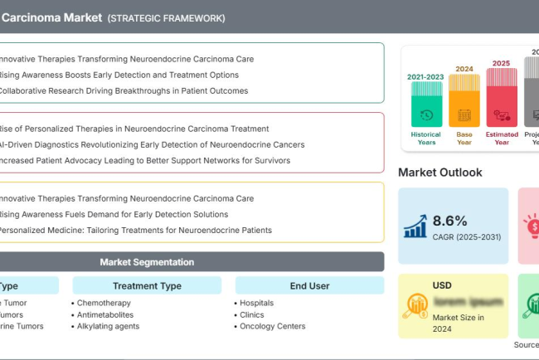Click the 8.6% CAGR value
click(x=450, y=221)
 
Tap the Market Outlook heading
click(x=439, y=173)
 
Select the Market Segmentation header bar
click(x=147, y=262)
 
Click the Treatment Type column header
click(x=147, y=286)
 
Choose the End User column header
click(x=309, y=286)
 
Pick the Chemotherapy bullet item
click(x=104, y=304)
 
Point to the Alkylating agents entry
click(x=108, y=327)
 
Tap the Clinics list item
click(x=252, y=315)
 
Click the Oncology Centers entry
click(x=273, y=327)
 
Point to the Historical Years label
click(x=425, y=138)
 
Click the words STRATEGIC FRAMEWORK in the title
click(x=166, y=18)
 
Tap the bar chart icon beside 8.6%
click(x=415, y=226)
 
